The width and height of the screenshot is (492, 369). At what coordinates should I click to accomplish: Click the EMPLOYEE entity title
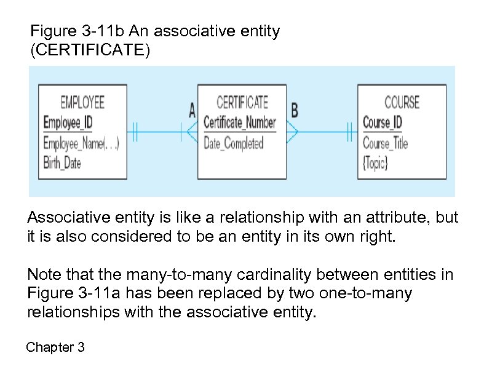82,101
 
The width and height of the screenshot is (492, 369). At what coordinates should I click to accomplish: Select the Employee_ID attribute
68,122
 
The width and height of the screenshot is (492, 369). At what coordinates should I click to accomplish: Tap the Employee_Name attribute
81,144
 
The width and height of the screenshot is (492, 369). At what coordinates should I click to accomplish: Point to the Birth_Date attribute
62,163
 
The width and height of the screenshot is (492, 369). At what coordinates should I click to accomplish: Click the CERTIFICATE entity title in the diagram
242,101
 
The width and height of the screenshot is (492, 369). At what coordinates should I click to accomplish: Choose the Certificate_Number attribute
239,122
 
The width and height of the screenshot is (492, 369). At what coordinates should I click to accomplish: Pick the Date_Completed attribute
233,144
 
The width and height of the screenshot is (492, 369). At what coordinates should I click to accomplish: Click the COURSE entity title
402,101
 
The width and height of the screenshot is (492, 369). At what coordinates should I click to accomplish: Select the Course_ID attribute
382,122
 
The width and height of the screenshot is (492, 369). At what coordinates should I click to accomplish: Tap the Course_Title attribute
385,144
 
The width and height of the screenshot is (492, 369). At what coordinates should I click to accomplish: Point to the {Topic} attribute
375,164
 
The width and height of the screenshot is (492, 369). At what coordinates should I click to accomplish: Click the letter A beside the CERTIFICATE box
192,111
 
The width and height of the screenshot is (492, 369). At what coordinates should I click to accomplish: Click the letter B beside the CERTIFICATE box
295,111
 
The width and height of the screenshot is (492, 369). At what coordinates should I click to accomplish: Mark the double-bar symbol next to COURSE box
350,131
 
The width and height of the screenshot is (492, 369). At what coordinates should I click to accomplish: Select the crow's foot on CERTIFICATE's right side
293,131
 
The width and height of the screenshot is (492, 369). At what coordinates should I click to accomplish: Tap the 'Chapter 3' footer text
55,347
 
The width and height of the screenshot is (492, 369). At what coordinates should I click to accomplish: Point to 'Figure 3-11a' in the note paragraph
66,293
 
